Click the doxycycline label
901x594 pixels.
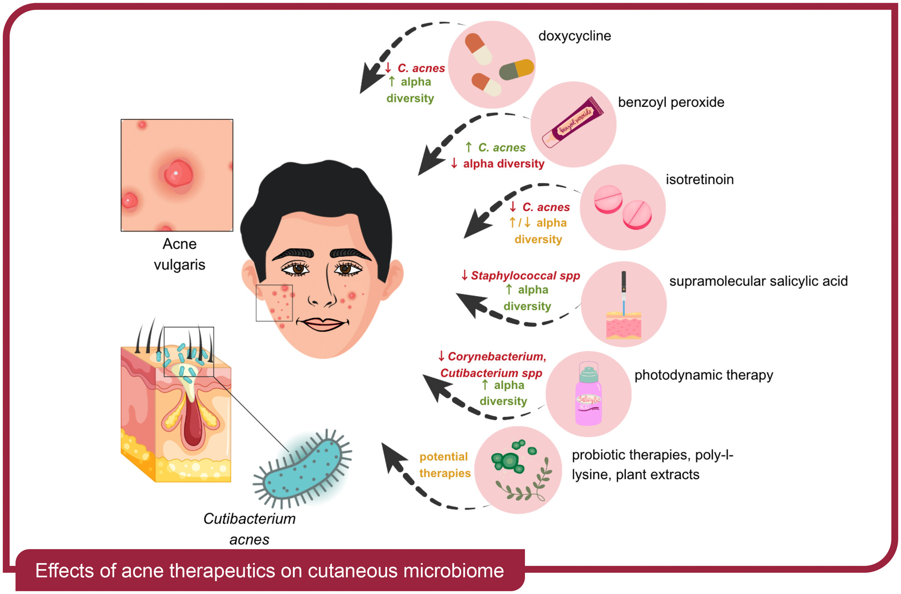tap(574, 36)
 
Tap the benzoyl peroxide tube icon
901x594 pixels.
tap(574, 122)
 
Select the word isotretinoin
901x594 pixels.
tap(699, 179)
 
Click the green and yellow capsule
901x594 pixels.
tap(516, 69)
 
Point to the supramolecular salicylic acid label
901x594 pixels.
tap(758, 281)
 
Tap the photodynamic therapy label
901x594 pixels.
tap(703, 375)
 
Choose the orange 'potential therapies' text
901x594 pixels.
tap(445, 465)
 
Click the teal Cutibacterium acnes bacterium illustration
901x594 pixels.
tap(302, 470)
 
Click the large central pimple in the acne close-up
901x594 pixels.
tap(178, 173)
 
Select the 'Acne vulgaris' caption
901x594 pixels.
tap(179, 254)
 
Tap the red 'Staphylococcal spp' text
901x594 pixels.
tap(525, 276)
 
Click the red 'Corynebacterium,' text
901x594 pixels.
tap(496, 356)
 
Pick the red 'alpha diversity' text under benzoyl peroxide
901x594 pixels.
tap(503, 164)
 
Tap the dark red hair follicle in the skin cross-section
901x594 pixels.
tap(193, 422)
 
